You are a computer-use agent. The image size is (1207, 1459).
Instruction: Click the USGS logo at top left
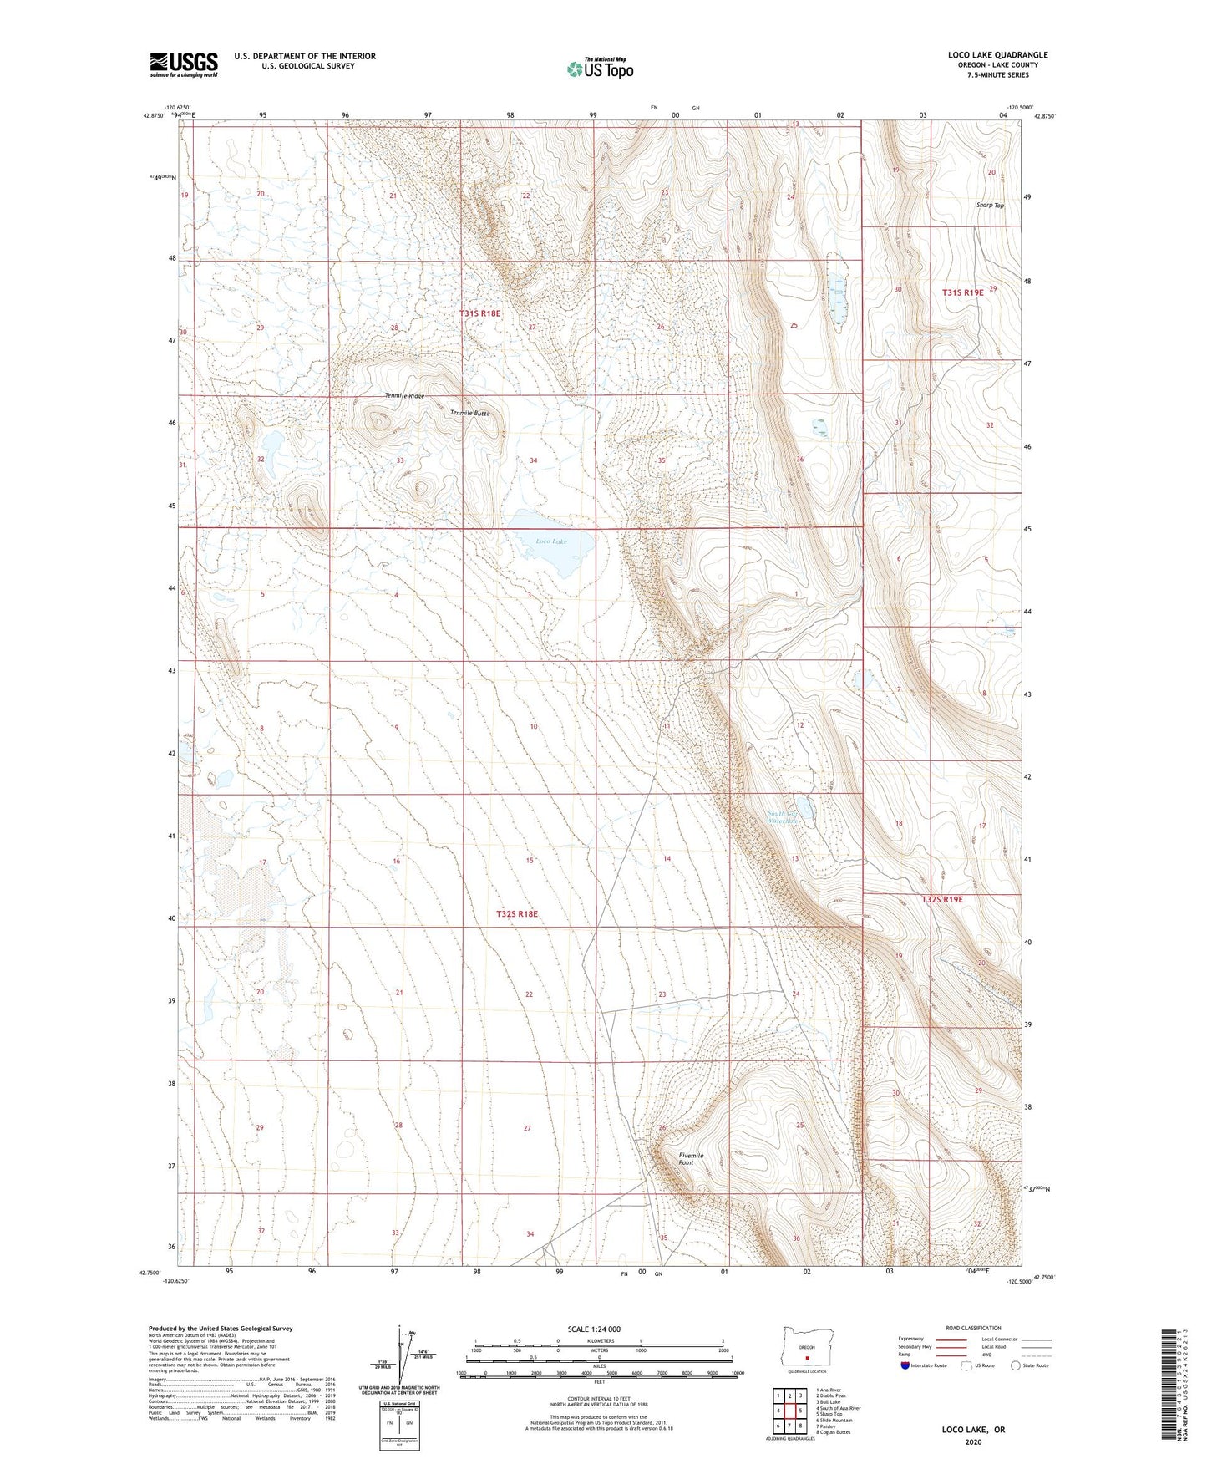coord(184,64)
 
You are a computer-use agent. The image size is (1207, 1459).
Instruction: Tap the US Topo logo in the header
coord(600,69)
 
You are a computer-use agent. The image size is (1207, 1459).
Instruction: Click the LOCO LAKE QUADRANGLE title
coord(997,55)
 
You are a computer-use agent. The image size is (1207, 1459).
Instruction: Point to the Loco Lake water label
coord(551,541)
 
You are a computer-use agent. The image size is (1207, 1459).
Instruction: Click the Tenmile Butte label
coord(470,413)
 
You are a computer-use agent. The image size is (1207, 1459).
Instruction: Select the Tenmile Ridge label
coord(404,395)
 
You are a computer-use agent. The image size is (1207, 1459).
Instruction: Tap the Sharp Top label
coord(990,205)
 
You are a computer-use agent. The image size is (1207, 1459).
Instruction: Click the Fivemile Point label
coord(691,1159)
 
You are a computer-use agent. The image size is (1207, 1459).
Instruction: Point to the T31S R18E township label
coord(480,313)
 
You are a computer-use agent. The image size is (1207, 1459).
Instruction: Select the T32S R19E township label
coord(942,900)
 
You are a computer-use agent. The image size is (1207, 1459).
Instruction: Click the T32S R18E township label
coord(516,914)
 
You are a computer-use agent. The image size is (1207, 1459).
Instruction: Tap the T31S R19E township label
coord(963,292)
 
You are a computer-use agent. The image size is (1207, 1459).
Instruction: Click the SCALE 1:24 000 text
coord(594,1329)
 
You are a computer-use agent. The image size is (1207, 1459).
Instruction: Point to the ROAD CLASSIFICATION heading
coord(973,1328)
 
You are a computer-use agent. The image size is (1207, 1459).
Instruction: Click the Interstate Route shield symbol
coord(905,1365)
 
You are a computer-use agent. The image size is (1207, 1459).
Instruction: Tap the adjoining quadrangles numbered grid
coord(789,1411)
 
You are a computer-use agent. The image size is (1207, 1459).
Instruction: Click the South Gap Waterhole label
coord(783,817)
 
